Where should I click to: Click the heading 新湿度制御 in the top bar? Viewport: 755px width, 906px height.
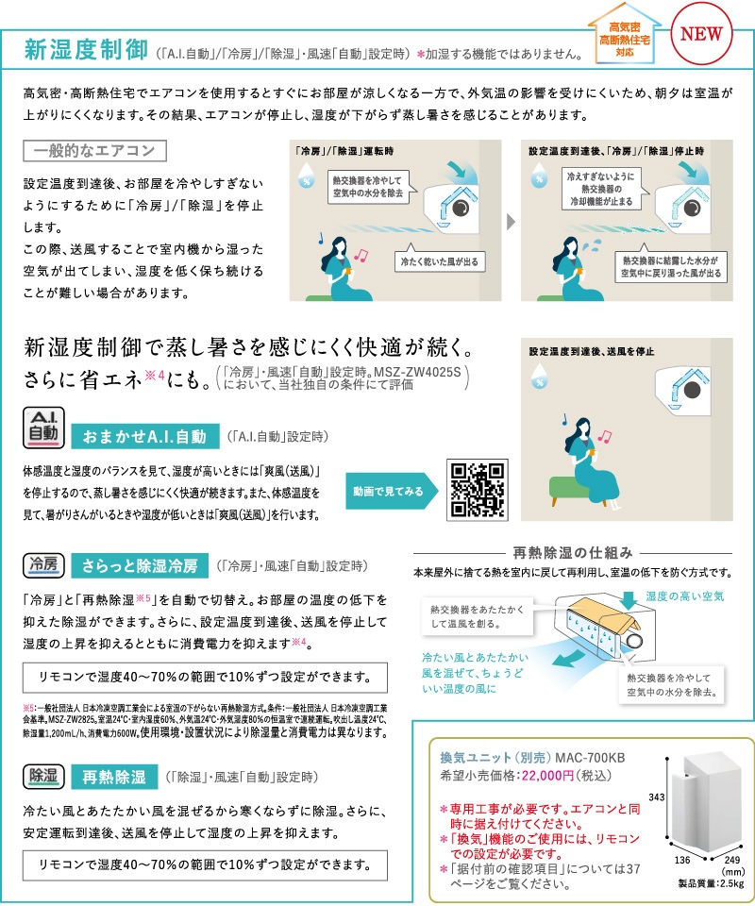(86, 49)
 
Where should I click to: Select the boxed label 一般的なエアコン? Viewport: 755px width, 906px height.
(94, 151)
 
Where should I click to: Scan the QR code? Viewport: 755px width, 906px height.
(478, 490)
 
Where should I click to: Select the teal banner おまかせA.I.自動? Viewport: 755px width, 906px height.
(144, 436)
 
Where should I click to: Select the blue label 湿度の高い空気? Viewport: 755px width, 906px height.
(685, 596)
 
